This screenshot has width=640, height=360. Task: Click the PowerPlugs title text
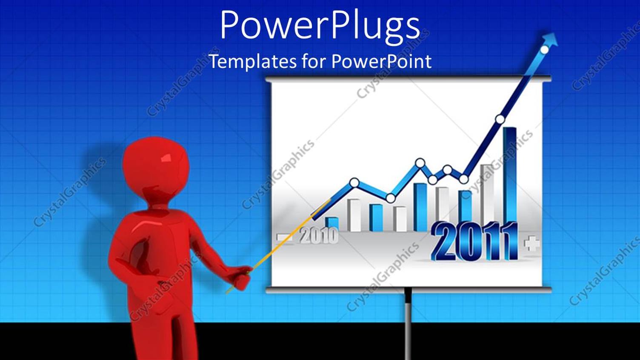pos(320,26)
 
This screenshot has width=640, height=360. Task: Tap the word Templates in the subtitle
pos(252,62)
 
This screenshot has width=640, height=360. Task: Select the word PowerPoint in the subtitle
pos(381,62)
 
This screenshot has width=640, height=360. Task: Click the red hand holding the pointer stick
pos(240,277)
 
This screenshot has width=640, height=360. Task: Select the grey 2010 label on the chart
pos(319,235)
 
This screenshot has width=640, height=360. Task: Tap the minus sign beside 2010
pos(284,237)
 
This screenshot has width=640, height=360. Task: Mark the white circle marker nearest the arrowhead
pos(544,50)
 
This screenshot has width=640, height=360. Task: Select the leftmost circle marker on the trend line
pos(354,183)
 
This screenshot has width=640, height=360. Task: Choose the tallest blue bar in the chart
pos(510,174)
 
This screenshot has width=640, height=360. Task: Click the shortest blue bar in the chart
pos(331,223)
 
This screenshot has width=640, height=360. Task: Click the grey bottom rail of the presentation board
pos(409,290)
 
